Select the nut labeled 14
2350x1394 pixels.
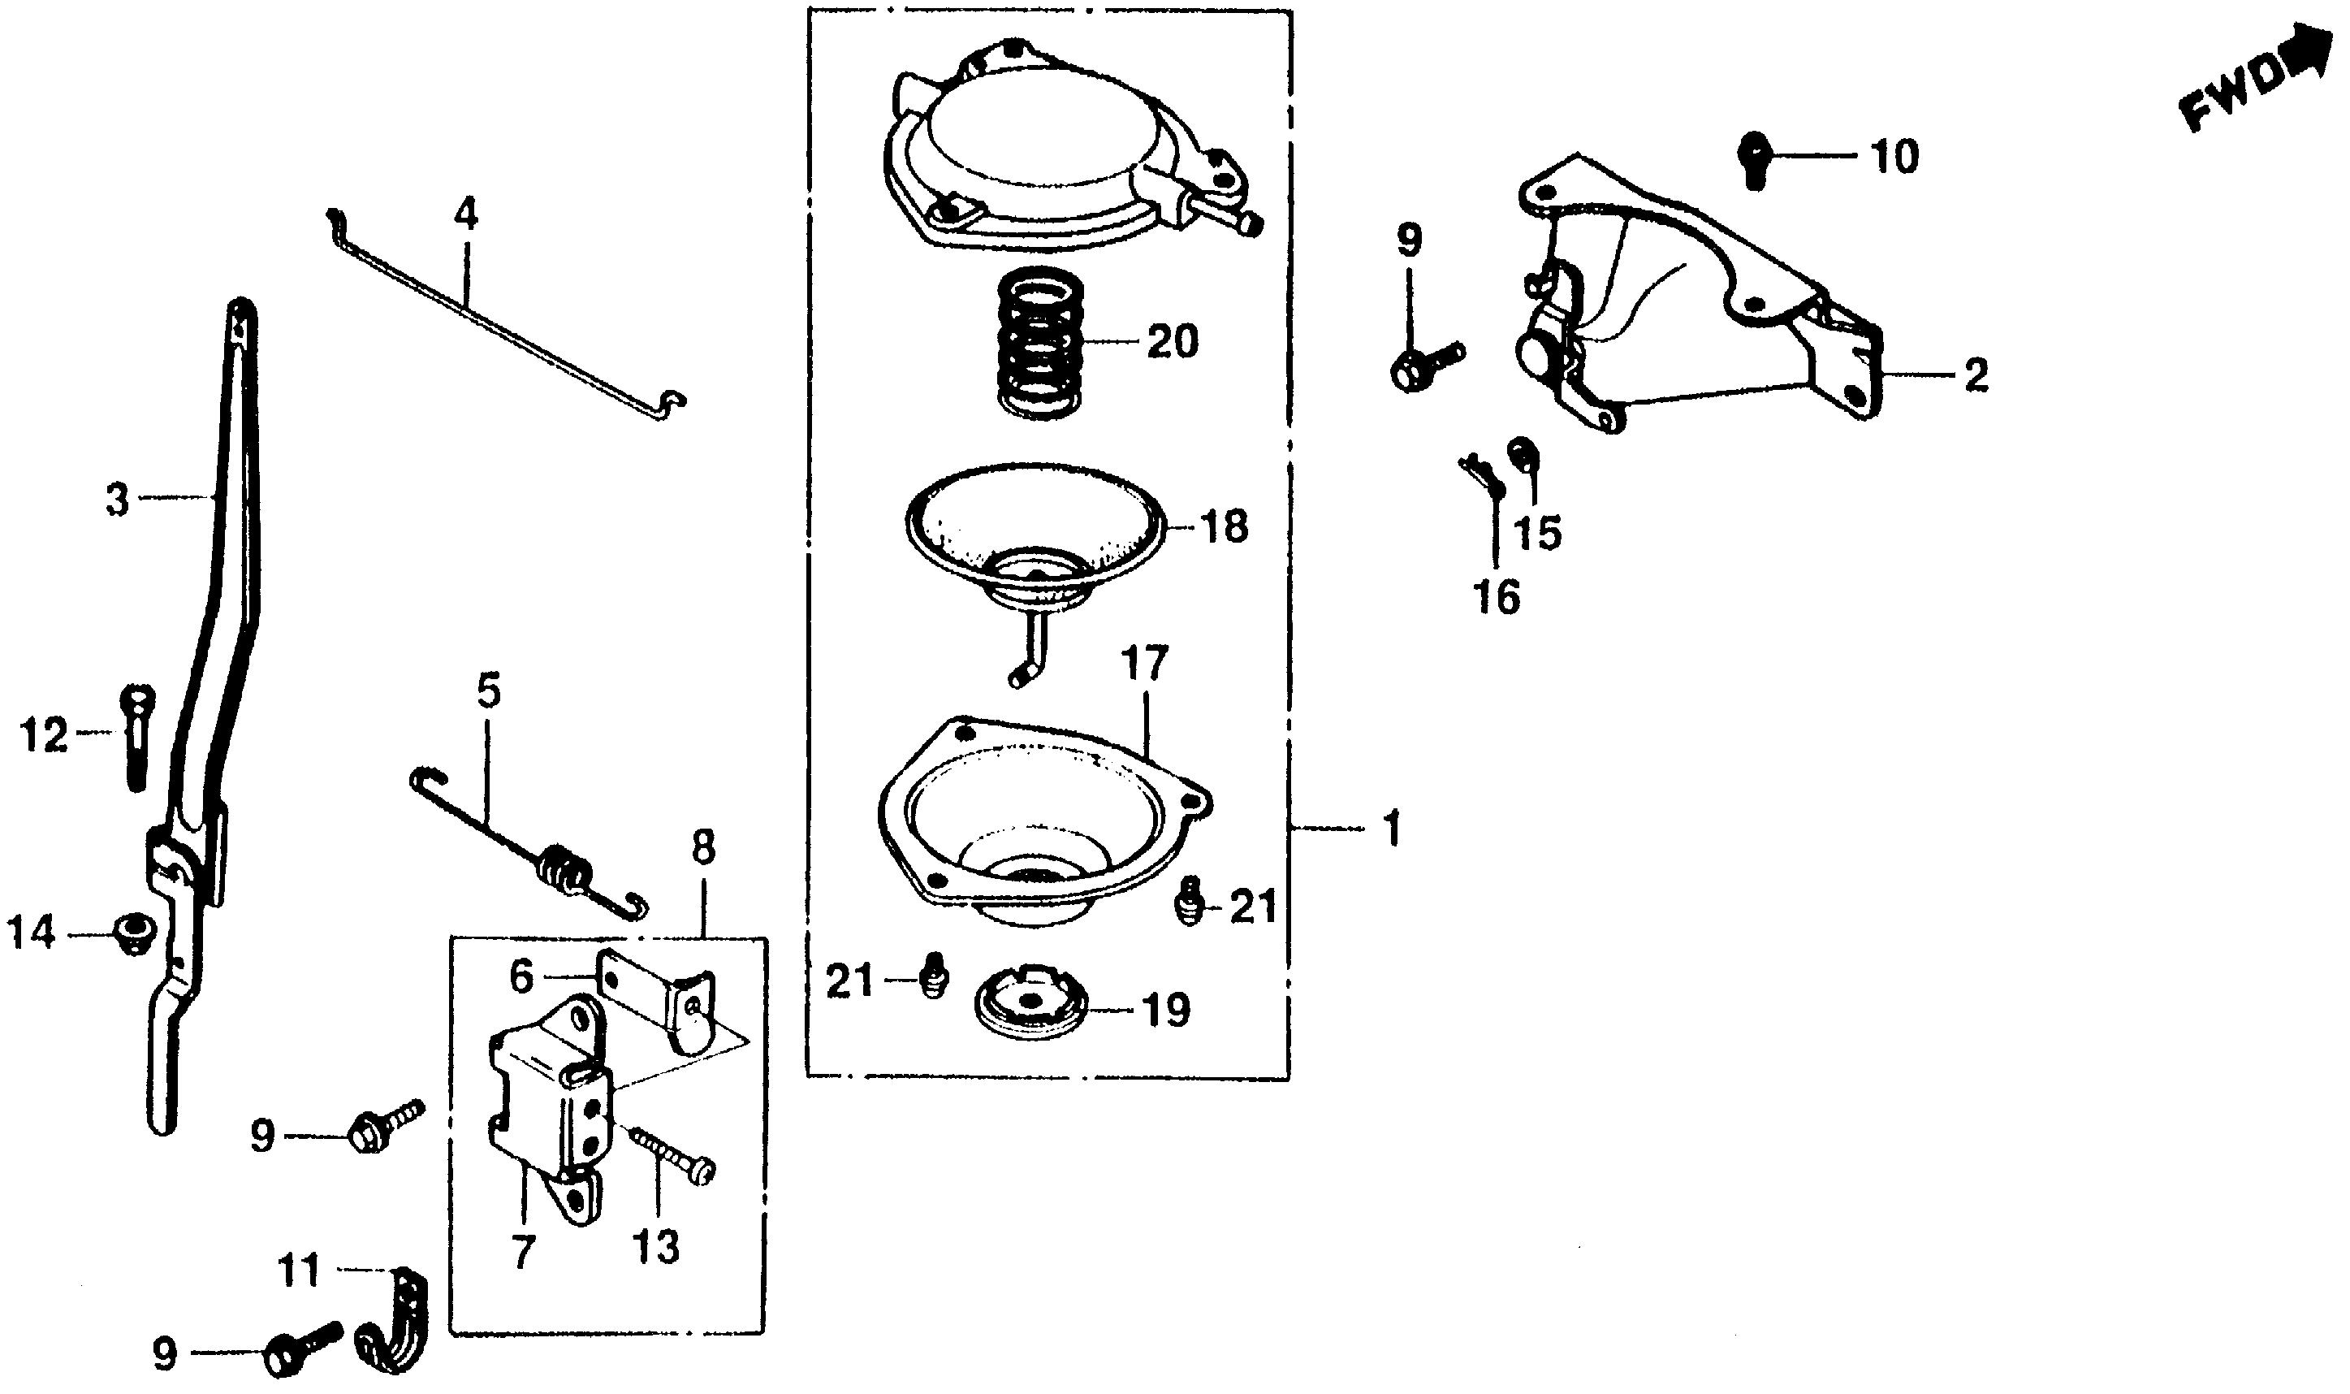pyautogui.click(x=131, y=933)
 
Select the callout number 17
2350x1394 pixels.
pyautogui.click(x=1144, y=663)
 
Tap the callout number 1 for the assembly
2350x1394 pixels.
pyautogui.click(x=1393, y=829)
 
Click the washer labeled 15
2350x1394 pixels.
pyautogui.click(x=1520, y=452)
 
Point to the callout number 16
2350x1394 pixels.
pyautogui.click(x=1497, y=596)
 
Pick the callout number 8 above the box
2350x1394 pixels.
pyautogui.click(x=703, y=848)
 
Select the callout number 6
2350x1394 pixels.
pyautogui.click(x=522, y=977)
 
